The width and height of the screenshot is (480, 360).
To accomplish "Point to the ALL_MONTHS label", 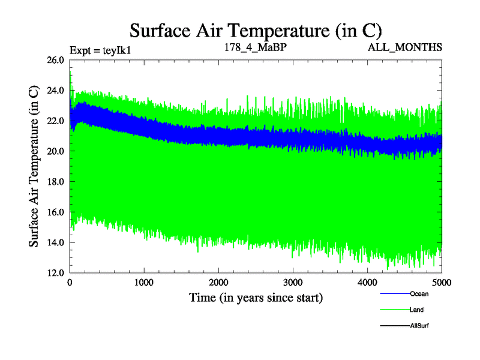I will point(406,46).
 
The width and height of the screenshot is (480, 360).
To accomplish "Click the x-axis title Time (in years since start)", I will point(256,297).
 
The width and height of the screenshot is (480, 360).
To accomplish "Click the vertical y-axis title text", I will point(34,166).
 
